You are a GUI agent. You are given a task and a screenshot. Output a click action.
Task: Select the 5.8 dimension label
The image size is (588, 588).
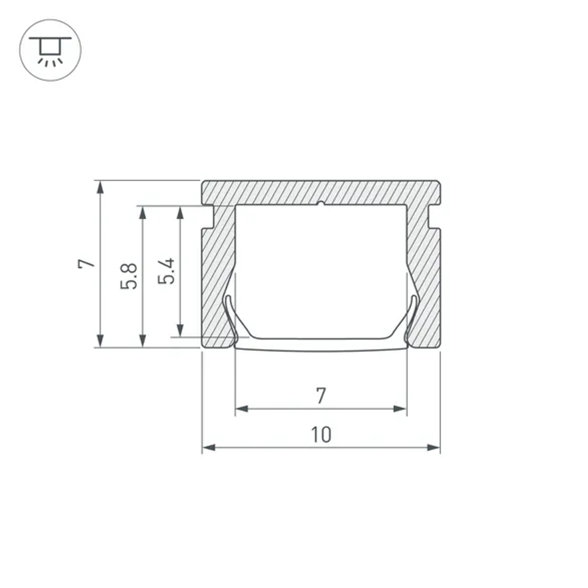tap(129, 275)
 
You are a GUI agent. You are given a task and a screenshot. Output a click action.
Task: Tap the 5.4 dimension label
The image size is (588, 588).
tap(168, 271)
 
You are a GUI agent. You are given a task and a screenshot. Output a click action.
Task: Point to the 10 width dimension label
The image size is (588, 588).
tap(321, 435)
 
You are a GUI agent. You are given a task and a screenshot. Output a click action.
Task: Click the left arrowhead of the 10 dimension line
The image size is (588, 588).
tap(208, 448)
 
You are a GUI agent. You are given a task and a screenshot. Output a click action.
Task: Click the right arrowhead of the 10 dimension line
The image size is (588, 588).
tap(435, 448)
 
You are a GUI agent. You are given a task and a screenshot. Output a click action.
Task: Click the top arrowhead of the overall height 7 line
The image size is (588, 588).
tap(101, 187)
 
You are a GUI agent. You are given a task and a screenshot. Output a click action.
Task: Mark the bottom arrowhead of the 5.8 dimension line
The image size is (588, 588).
tap(142, 341)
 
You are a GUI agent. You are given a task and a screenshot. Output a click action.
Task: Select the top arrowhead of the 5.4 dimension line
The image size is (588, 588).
tap(181, 212)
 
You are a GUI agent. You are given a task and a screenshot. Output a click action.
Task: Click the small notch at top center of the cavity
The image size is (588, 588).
tap(320, 205)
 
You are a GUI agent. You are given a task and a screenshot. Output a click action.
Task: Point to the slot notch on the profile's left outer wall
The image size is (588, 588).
tap(207, 216)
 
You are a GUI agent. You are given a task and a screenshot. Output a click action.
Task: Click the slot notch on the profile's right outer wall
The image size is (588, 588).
tap(435, 216)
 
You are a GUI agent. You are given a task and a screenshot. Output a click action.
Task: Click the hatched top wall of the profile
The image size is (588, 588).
tap(320, 192)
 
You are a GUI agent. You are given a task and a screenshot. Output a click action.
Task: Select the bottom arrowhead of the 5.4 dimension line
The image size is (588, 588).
tap(181, 331)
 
